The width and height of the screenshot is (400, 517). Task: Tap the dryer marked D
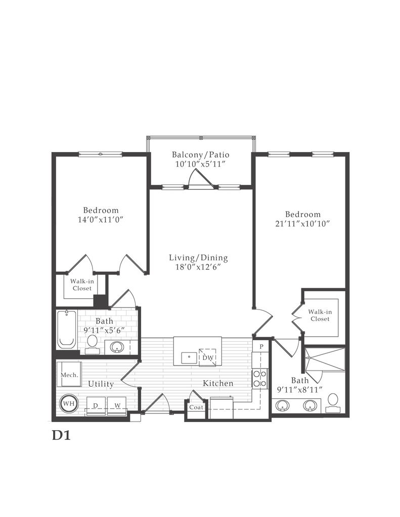coord(96,405)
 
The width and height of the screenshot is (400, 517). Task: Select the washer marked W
coord(117,405)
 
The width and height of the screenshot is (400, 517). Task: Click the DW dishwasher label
coord(207,357)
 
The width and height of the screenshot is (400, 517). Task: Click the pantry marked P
coord(261,346)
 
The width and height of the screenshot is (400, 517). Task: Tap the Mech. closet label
coord(69,375)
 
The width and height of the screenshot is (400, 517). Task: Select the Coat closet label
coord(196,407)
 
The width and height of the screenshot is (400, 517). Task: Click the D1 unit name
coord(61,436)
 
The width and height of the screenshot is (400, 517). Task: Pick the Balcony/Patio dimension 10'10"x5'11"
coord(200,164)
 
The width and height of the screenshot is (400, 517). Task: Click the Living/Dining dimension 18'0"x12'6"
coord(198,267)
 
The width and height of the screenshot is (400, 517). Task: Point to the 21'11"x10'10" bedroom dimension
coord(303,224)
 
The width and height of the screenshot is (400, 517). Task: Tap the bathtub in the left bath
coord(67,329)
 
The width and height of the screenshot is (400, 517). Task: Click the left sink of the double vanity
coord(282,405)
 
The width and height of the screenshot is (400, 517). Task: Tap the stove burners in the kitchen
coord(260,379)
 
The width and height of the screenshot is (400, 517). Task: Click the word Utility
coord(101,384)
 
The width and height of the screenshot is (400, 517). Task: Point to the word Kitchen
coord(218,383)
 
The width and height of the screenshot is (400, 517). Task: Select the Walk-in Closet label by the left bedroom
coord(82,285)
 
